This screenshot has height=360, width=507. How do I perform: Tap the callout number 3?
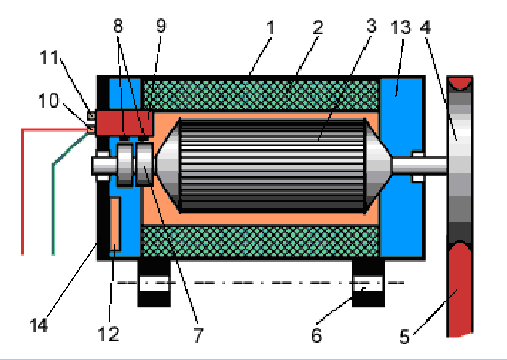pos(372,27)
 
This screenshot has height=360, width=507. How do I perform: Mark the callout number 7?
pos(199,337)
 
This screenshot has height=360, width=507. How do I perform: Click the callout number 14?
pos(39,325)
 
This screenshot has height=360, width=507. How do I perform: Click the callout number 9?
pos(161,27)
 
